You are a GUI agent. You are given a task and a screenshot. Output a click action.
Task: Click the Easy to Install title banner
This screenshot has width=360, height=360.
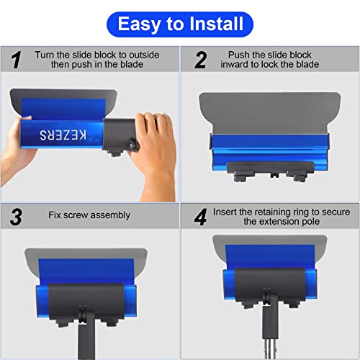pyautogui.click(x=180, y=24)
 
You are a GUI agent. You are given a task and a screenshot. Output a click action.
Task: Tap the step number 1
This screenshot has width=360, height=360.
pyautogui.click(x=16, y=60)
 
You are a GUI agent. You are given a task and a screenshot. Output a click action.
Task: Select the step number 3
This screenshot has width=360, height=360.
pyautogui.click(x=16, y=217)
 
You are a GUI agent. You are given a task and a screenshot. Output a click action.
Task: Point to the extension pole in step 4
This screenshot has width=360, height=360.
pyautogui.click(x=269, y=338)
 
